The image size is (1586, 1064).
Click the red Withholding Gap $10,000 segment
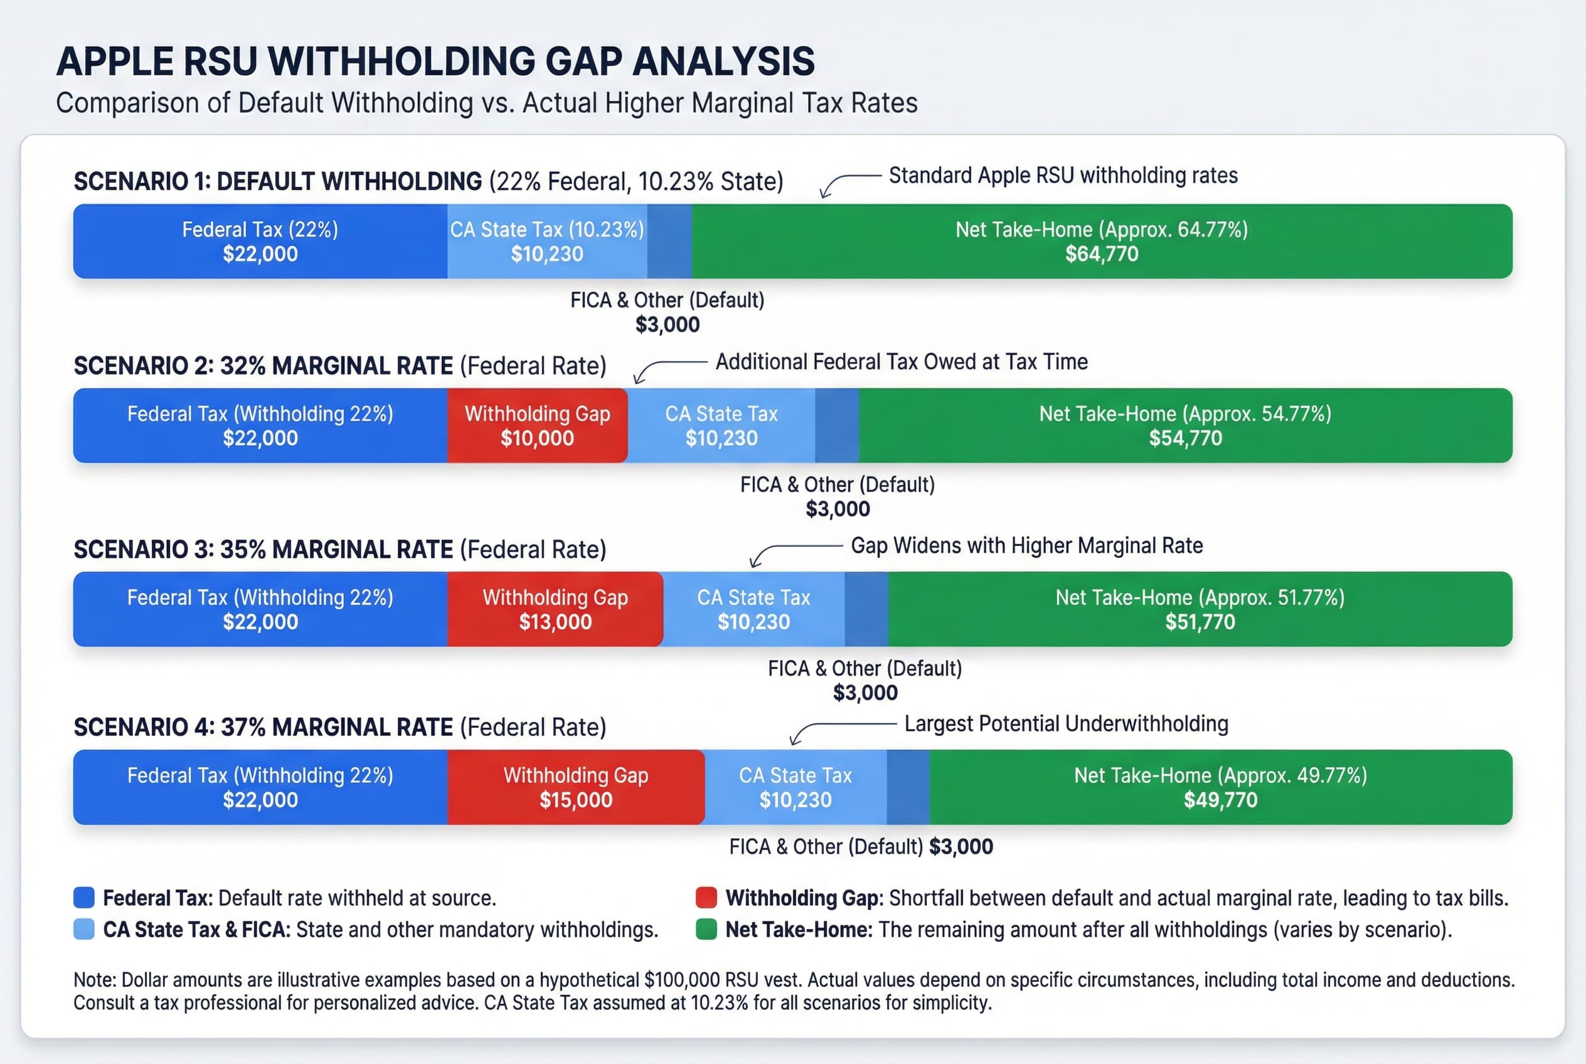[537, 425]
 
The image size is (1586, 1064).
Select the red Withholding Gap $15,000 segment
[575, 787]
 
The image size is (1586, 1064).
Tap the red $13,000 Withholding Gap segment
[555, 609]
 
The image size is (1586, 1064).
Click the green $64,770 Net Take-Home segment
[1101, 242]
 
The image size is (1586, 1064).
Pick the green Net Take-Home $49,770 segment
[1220, 787]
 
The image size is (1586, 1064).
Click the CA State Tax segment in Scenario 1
[547, 242]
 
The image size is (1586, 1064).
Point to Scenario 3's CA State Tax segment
[753, 609]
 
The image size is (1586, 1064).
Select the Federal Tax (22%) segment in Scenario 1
[260, 242]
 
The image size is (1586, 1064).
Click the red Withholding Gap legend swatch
[706, 898]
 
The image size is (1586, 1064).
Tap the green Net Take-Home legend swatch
[706, 929]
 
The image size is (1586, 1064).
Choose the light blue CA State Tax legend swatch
[83, 929]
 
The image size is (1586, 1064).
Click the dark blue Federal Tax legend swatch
[83, 898]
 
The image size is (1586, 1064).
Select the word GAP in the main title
[583, 61]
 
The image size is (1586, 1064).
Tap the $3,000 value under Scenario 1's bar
[667, 324]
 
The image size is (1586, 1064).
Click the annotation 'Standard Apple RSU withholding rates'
[1063, 176]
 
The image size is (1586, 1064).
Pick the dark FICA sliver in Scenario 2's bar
[837, 425]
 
